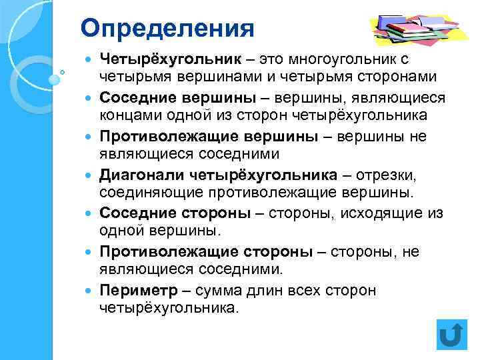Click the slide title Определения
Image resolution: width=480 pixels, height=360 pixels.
(x=168, y=28)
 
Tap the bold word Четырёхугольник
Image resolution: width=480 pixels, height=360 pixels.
(x=161, y=60)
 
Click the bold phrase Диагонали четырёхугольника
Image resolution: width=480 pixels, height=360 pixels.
(x=219, y=175)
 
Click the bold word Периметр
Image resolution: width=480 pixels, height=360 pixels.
(x=139, y=291)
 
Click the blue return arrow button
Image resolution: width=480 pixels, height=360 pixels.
(x=451, y=334)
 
